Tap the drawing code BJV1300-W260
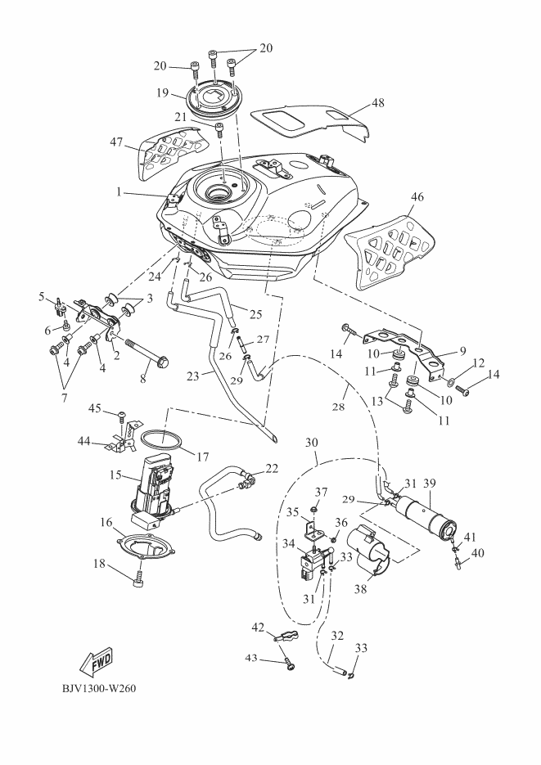98,687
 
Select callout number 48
377,104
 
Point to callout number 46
417,197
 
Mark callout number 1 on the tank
119,192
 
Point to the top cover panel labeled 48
311,119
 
